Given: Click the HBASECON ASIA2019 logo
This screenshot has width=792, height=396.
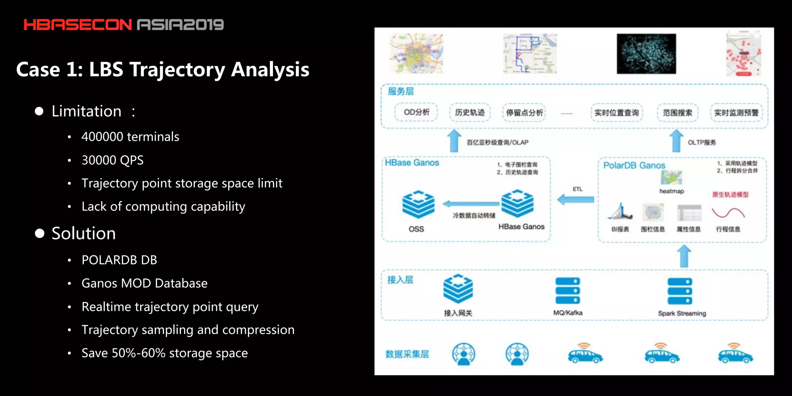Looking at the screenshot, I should point(124,25).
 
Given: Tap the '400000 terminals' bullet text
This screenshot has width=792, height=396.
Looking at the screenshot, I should point(130,137).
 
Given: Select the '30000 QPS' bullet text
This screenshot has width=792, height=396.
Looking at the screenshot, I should point(113,160).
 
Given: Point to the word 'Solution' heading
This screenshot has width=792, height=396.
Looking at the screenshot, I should point(84,234).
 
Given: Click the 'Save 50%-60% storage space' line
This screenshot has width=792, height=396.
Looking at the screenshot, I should point(164,353).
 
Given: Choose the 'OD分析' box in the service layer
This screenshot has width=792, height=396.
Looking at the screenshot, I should point(416,113).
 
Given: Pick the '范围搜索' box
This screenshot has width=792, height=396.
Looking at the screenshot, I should point(678,113).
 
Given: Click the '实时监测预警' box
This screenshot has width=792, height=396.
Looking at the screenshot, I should point(736,113).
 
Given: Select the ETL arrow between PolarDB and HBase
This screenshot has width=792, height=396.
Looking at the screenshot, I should point(575,200).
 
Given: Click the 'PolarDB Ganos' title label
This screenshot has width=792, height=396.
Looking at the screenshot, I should point(634,166).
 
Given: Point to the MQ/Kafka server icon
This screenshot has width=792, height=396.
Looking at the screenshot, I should point(568,290).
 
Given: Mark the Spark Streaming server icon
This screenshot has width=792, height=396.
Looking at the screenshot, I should point(680,292).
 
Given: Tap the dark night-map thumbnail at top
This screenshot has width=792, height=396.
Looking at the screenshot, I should point(646,53).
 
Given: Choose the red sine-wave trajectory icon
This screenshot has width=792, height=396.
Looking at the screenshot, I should point(728,213).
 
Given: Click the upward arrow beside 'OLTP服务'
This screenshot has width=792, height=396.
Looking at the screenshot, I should point(676,141).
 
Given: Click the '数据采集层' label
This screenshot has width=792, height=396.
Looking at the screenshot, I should point(407,354).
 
